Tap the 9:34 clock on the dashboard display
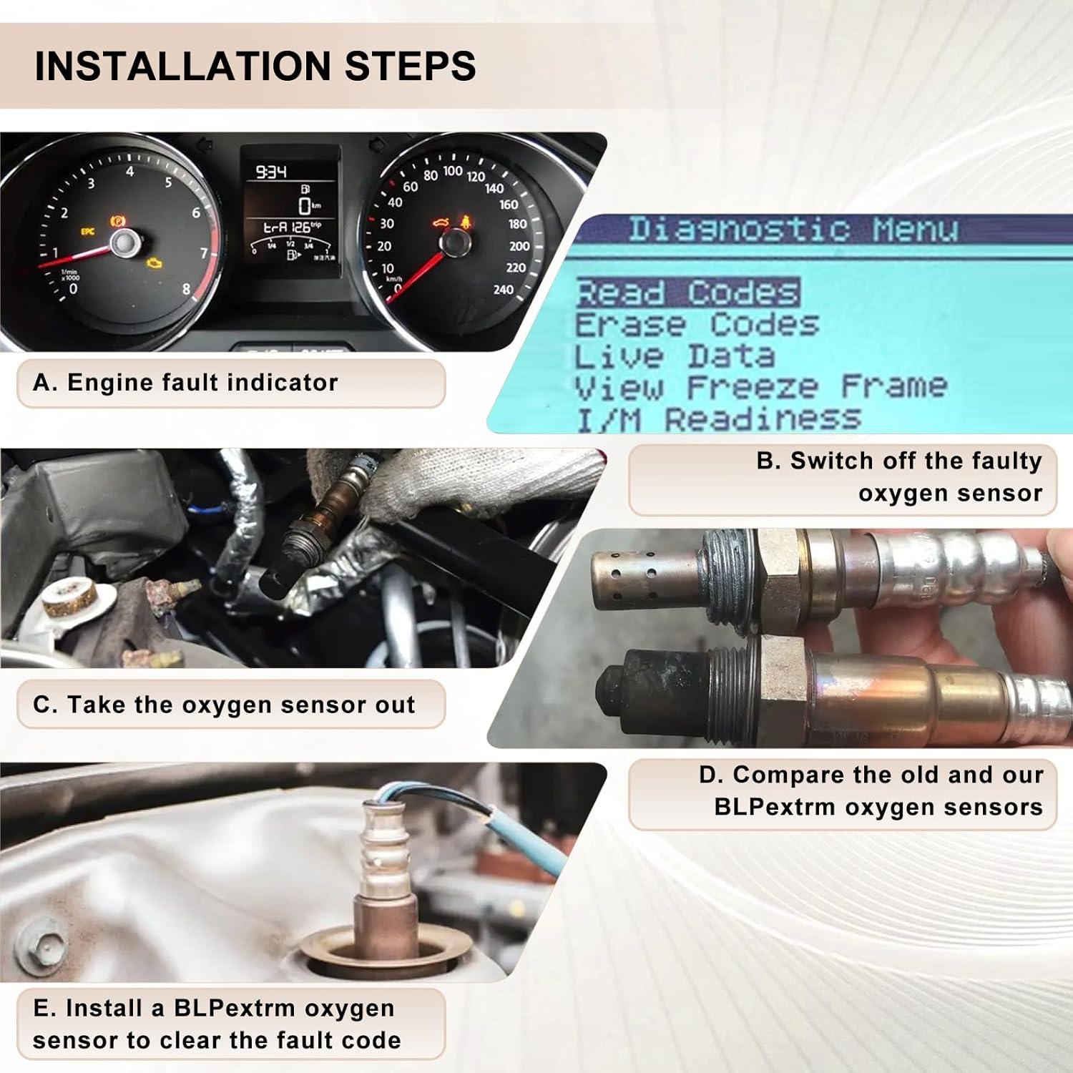[271, 172]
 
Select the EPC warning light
[87, 231]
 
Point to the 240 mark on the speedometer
[503, 290]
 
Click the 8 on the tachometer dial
[186, 290]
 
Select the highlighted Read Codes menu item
[687, 293]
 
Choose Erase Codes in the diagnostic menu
[696, 325]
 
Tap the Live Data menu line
[674, 356]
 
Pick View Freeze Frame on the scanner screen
[760, 387]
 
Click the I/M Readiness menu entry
[717, 419]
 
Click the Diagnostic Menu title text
[793, 230]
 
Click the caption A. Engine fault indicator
[185, 383]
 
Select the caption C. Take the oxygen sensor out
[224, 705]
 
